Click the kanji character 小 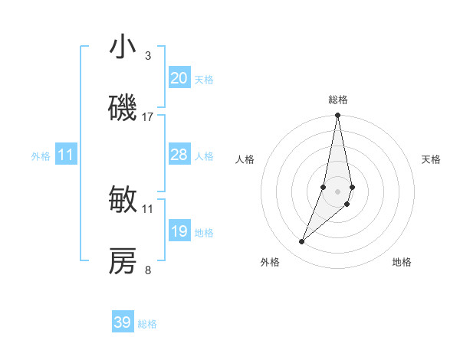pyautogui.click(x=123, y=47)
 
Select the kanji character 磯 pyautogui.click(x=123, y=109)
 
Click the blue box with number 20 pyautogui.click(x=179, y=78)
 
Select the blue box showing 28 pyautogui.click(x=179, y=155)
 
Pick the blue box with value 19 pyautogui.click(x=179, y=231)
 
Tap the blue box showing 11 pyautogui.click(x=66, y=155)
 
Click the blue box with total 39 pyautogui.click(x=123, y=322)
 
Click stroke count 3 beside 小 pyautogui.click(x=148, y=56)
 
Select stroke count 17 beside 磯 pyautogui.click(x=148, y=117)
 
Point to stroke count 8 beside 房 pyautogui.click(x=148, y=270)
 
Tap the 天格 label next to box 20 pyautogui.click(x=204, y=80)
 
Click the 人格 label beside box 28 pyautogui.click(x=204, y=156)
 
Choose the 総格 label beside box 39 pyautogui.click(x=147, y=324)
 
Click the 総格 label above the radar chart pyautogui.click(x=338, y=100)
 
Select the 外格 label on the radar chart pyautogui.click(x=270, y=262)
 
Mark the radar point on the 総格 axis pyautogui.click(x=337, y=116)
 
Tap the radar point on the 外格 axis pyautogui.click(x=302, y=242)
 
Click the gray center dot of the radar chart pyautogui.click(x=337, y=191)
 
